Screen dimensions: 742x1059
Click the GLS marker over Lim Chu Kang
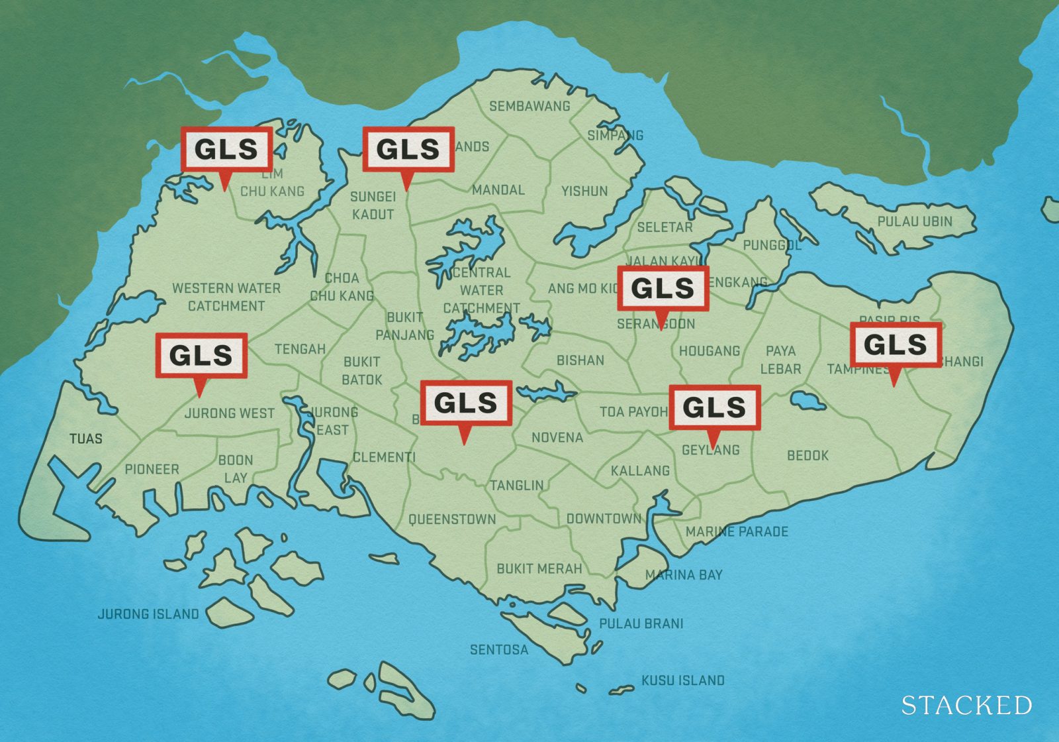(x=226, y=149)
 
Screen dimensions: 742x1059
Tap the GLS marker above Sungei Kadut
(x=408, y=149)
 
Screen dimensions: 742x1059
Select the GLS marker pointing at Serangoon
(x=663, y=288)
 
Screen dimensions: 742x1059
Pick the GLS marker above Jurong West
(x=201, y=356)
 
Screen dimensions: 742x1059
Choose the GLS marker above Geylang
(x=714, y=407)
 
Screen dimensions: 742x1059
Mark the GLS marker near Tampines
(x=896, y=344)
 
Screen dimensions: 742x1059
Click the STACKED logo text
(x=966, y=705)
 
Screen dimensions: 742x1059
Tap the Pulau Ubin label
(x=915, y=221)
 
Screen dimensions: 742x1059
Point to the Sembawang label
(x=529, y=106)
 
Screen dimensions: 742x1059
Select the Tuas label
(x=86, y=439)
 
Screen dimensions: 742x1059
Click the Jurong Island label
(x=148, y=614)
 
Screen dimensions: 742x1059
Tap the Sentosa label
(x=499, y=650)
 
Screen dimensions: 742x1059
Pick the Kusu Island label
(x=682, y=680)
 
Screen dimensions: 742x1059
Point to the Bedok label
(x=807, y=456)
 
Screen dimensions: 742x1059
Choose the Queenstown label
(x=452, y=519)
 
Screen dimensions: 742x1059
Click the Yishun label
(x=584, y=191)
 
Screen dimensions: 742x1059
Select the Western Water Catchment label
(x=226, y=297)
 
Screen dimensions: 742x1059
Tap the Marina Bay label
(x=684, y=575)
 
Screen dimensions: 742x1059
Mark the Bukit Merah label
(x=539, y=568)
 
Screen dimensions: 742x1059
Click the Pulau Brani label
(x=641, y=623)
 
